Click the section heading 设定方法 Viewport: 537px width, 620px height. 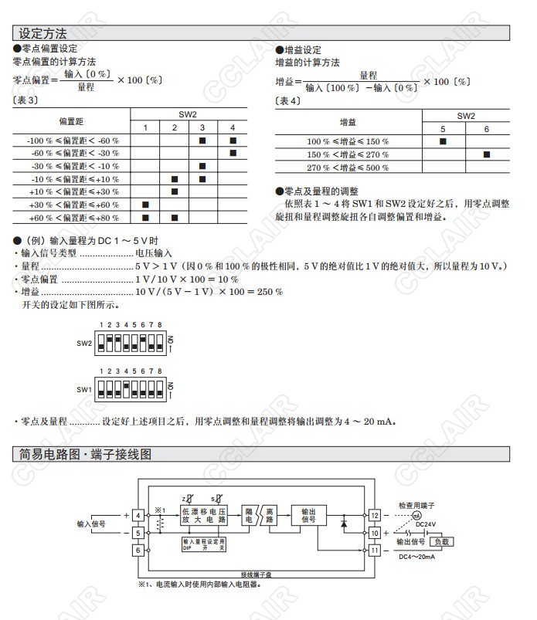coord(43,33)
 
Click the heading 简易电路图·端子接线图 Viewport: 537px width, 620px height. coord(86,455)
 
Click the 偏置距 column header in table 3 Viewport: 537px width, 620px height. coord(71,120)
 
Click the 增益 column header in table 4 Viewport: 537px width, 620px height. coord(348,122)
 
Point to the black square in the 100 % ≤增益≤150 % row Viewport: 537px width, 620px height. coord(443,141)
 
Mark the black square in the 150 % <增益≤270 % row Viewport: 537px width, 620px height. coord(486,154)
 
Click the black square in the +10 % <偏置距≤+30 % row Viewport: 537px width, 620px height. coord(174,191)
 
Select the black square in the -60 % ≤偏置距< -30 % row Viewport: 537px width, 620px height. coord(233,154)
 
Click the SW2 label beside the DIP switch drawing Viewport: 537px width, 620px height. coord(84,342)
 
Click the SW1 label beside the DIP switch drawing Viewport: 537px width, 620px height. coord(84,390)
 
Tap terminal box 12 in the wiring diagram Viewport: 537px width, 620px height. coord(374,515)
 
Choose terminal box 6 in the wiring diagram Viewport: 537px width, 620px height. coord(138,550)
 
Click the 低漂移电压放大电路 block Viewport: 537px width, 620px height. coord(204,516)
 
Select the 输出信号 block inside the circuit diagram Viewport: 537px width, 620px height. coord(308,516)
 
